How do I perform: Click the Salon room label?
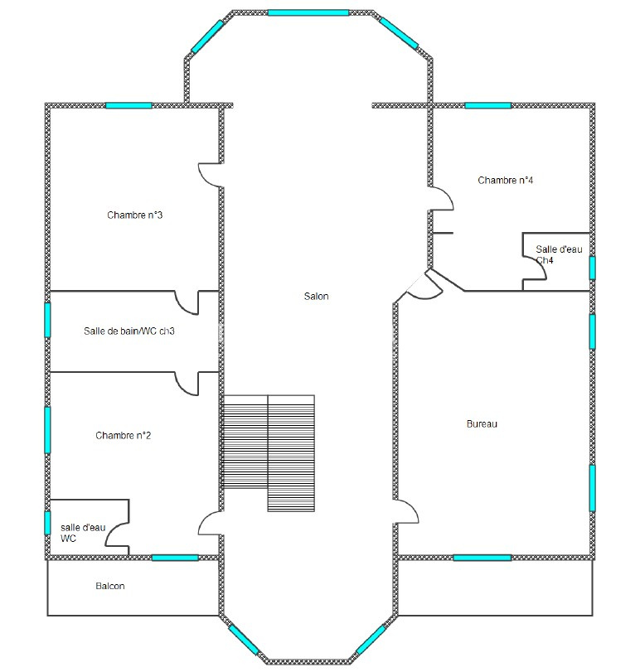tap(317, 296)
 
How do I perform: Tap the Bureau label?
tap(482, 424)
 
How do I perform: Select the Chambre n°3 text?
tap(134, 215)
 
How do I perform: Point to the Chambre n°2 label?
tap(123, 435)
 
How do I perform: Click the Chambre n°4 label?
tap(506, 180)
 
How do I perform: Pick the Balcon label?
tap(110, 586)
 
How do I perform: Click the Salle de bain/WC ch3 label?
tap(129, 331)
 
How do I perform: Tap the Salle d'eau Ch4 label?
tap(559, 254)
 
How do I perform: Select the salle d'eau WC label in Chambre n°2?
tap(83, 533)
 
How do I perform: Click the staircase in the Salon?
tap(269, 453)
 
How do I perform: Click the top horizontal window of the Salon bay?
tap(308, 13)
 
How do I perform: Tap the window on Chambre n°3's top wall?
tap(128, 105)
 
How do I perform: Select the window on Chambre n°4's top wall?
tap(487, 105)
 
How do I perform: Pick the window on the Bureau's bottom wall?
tap(482, 558)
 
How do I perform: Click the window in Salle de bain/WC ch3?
tap(47, 320)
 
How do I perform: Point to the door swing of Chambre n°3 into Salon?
tap(211, 175)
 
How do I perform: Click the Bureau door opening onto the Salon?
tap(406, 511)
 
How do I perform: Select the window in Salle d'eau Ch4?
tap(592, 268)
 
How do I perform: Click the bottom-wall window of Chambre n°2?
tap(175, 558)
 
